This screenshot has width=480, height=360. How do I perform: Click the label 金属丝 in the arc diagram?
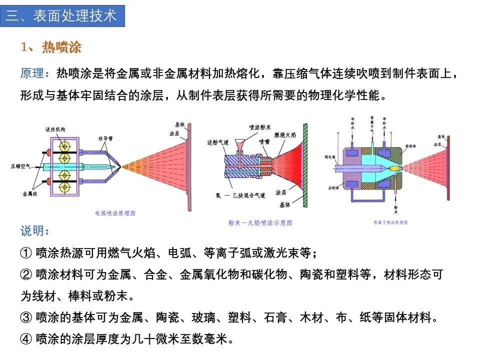(x=28, y=192)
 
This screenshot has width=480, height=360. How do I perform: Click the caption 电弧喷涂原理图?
(x=115, y=212)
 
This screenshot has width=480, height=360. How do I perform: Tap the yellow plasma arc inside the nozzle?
(x=393, y=169)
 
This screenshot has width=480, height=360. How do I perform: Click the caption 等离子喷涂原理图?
(x=390, y=222)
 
